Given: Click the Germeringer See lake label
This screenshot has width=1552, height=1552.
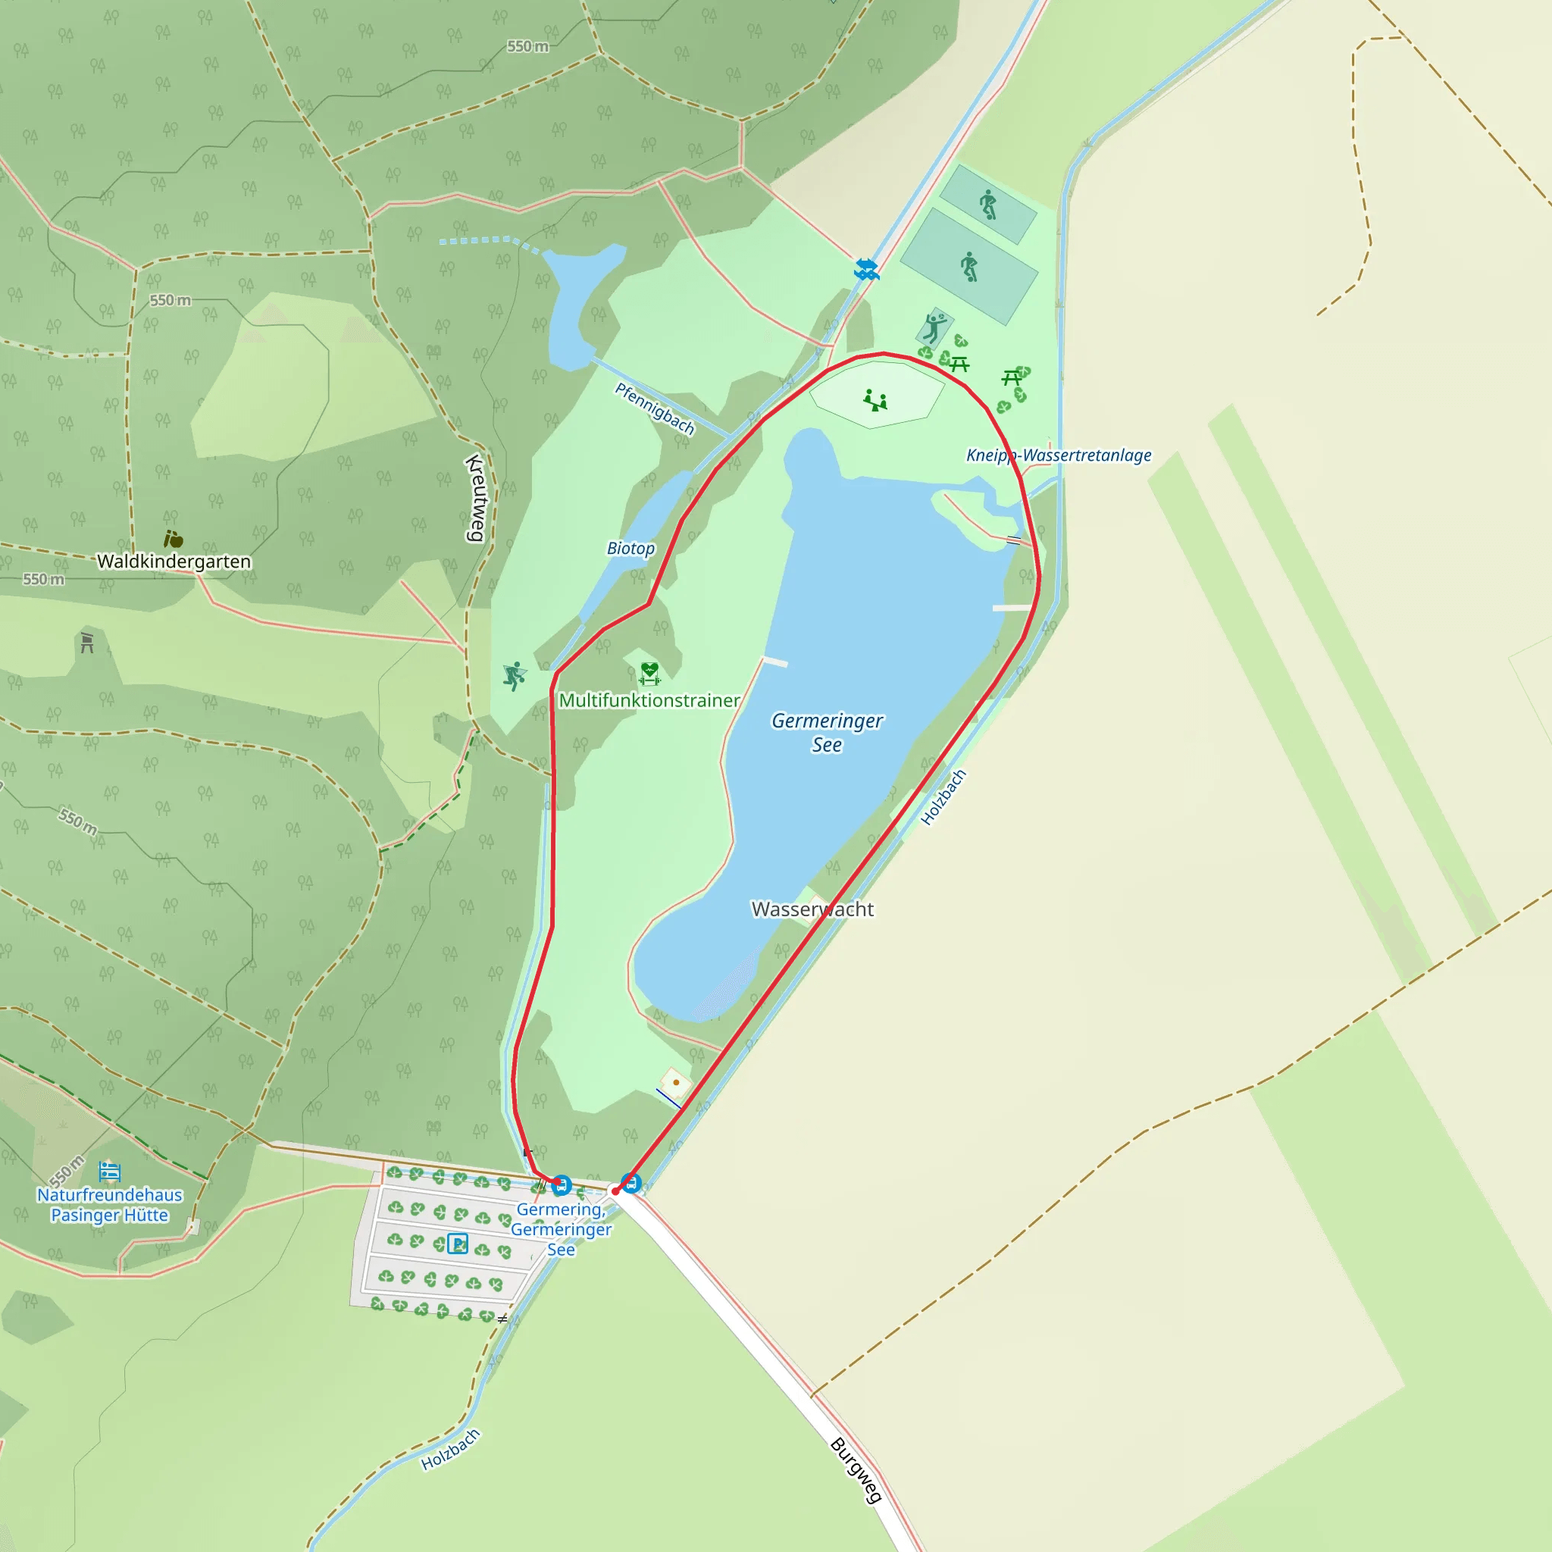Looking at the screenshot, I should [x=827, y=732].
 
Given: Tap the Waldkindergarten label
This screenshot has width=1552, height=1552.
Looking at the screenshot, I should [x=174, y=562].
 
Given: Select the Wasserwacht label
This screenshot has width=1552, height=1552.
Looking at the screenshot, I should [x=812, y=909].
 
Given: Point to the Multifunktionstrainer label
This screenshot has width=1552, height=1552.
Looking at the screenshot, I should [x=649, y=700].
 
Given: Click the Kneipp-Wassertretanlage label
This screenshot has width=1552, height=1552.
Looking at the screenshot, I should [x=1058, y=455].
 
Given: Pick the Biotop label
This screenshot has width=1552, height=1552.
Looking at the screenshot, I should [x=630, y=549].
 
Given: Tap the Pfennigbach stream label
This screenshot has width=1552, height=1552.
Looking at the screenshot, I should [x=655, y=408].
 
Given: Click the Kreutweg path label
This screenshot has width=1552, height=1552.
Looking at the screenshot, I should [x=477, y=498].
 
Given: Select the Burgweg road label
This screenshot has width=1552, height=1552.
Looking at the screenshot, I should [x=856, y=1469].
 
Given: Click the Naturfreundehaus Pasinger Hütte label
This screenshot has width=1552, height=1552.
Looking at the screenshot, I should [x=110, y=1205].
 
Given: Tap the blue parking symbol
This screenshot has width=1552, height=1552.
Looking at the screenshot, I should [x=457, y=1244].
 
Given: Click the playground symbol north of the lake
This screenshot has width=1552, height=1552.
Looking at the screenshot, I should [x=875, y=399].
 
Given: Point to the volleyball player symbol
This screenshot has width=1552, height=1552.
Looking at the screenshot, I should [x=934, y=327].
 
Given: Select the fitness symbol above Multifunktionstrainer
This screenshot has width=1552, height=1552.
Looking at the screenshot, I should [x=649, y=673].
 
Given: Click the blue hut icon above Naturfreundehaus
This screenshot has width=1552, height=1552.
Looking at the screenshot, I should [x=110, y=1172].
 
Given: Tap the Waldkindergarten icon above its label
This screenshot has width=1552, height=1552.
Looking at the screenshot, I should [x=173, y=538].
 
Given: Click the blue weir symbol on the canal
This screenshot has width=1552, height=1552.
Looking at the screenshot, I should [x=866, y=269].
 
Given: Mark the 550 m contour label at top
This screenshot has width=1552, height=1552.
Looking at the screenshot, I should [x=527, y=46].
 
